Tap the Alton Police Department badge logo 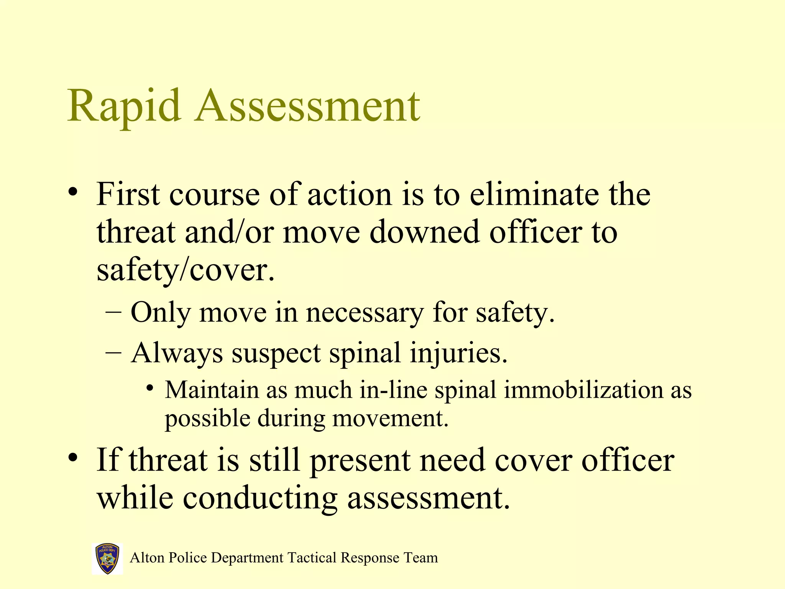[107, 558]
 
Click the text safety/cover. [186, 270]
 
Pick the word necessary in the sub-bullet [364, 313]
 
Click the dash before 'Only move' [113, 313]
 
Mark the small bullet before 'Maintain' [150, 388]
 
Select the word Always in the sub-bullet [176, 353]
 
